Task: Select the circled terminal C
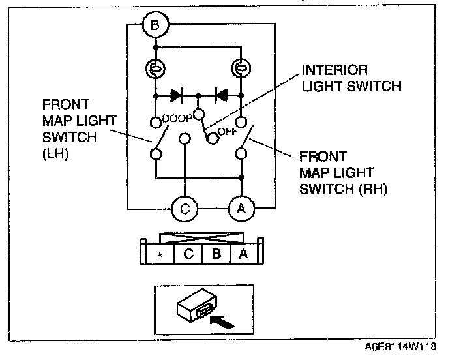coord(185,209)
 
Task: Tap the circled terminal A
coord(241,209)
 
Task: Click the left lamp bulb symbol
coord(156,68)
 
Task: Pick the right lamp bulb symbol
coord(241,68)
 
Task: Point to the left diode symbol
coord(176,95)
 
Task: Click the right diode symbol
coord(220,95)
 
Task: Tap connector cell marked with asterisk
coord(159,254)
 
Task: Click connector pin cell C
coord(188,254)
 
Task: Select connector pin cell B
coord(216,254)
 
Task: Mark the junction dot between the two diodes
coord(198,95)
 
